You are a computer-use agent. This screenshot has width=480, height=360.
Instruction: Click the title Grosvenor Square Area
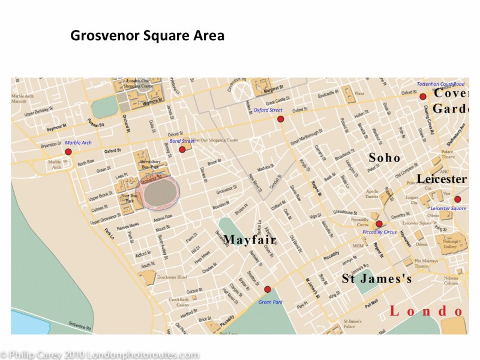pyautogui.click(x=147, y=35)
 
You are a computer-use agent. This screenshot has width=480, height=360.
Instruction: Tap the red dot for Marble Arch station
pyautogui.click(x=68, y=152)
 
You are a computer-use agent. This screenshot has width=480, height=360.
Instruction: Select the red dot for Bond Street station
pyautogui.click(x=182, y=149)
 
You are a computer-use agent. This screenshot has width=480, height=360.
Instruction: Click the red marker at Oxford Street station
pyautogui.click(x=280, y=119)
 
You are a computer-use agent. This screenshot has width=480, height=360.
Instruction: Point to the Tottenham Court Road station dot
pyautogui.click(x=422, y=96)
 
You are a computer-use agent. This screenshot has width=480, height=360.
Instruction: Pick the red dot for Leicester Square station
pyautogui.click(x=457, y=199)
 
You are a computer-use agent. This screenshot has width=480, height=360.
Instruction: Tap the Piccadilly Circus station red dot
pyautogui.click(x=379, y=223)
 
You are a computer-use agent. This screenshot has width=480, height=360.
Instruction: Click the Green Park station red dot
pyautogui.click(x=268, y=289)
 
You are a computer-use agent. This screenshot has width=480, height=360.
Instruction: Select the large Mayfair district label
pyautogui.click(x=250, y=240)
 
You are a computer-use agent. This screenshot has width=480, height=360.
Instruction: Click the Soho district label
pyautogui.click(x=384, y=157)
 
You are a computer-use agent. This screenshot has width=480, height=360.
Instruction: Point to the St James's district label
pyautogui.click(x=377, y=279)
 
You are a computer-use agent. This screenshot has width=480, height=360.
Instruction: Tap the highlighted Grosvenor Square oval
pyautogui.click(x=158, y=193)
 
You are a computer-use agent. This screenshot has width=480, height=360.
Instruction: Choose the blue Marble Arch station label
pyautogui.click(x=78, y=143)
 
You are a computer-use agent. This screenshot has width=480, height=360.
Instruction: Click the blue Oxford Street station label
pyautogui.click(x=268, y=110)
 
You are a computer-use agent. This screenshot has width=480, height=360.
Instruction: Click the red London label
pyautogui.click(x=426, y=311)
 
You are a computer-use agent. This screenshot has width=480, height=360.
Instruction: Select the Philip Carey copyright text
pyautogui.click(x=100, y=355)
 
